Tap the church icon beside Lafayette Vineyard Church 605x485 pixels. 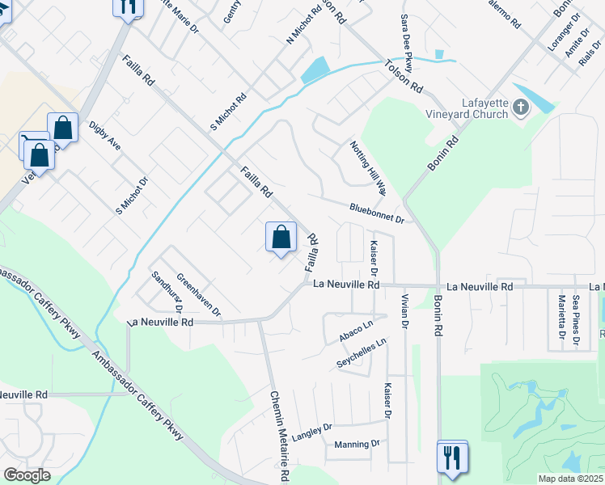520,107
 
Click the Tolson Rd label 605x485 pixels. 404,75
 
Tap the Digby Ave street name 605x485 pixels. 105,137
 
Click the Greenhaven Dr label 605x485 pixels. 198,293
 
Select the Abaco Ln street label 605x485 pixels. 357,332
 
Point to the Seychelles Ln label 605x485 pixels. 362,354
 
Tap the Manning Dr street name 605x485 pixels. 357,445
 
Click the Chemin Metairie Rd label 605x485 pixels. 279,436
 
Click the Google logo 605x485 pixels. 27,475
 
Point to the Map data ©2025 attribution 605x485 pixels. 569,479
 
